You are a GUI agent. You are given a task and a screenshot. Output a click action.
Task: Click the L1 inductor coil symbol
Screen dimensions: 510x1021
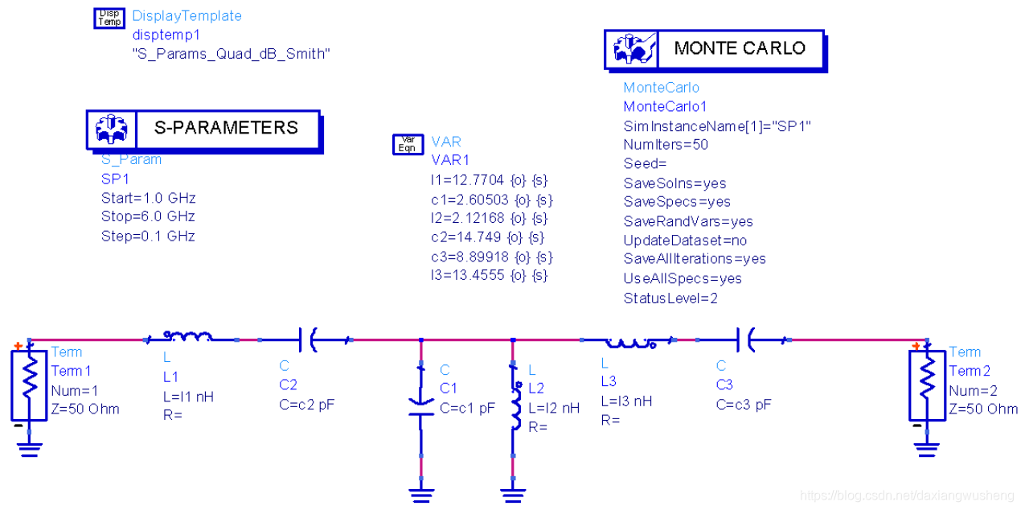pyautogui.click(x=188, y=336)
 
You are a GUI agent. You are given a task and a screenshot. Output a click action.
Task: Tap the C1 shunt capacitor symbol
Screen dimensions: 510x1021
pyautogui.click(x=420, y=405)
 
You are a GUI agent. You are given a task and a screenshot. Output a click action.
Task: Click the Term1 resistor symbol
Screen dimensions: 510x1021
pyautogui.click(x=29, y=385)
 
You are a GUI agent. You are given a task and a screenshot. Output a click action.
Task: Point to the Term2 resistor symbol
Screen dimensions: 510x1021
pyautogui.click(x=927, y=385)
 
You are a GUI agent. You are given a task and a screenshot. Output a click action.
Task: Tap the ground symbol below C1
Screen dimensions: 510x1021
pyautogui.click(x=420, y=493)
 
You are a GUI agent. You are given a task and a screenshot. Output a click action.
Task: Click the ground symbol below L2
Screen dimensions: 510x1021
pyautogui.click(x=512, y=493)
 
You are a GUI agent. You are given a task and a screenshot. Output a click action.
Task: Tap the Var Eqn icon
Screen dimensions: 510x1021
pyautogui.click(x=408, y=144)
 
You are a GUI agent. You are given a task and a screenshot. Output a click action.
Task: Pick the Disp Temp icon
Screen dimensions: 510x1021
pyautogui.click(x=109, y=17)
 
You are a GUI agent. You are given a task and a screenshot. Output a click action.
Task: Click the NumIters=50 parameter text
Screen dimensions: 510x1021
pyautogui.click(x=665, y=145)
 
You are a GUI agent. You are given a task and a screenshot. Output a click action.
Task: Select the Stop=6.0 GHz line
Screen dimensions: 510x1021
pyautogui.click(x=148, y=216)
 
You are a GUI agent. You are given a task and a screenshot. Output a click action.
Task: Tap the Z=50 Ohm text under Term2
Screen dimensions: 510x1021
pyautogui.click(x=983, y=409)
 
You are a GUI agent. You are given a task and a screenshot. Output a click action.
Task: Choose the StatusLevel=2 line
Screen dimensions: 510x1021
pyautogui.click(x=670, y=298)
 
